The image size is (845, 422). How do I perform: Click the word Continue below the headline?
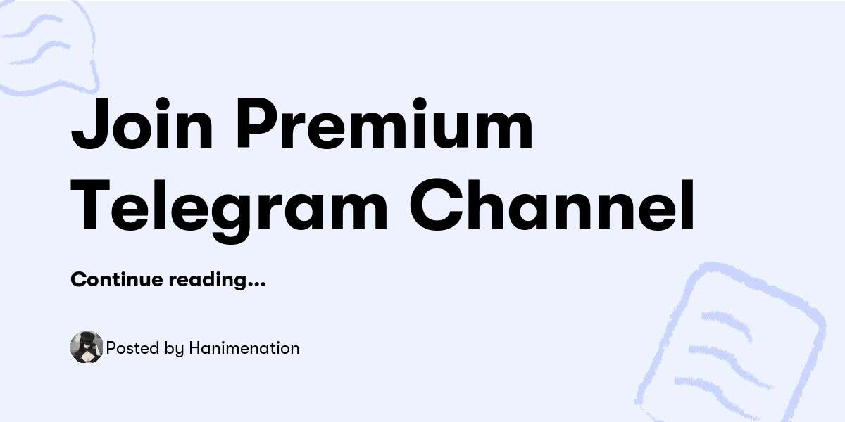[117, 280]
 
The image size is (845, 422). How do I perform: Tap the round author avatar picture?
[87, 347]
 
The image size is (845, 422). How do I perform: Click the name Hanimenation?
[244, 348]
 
